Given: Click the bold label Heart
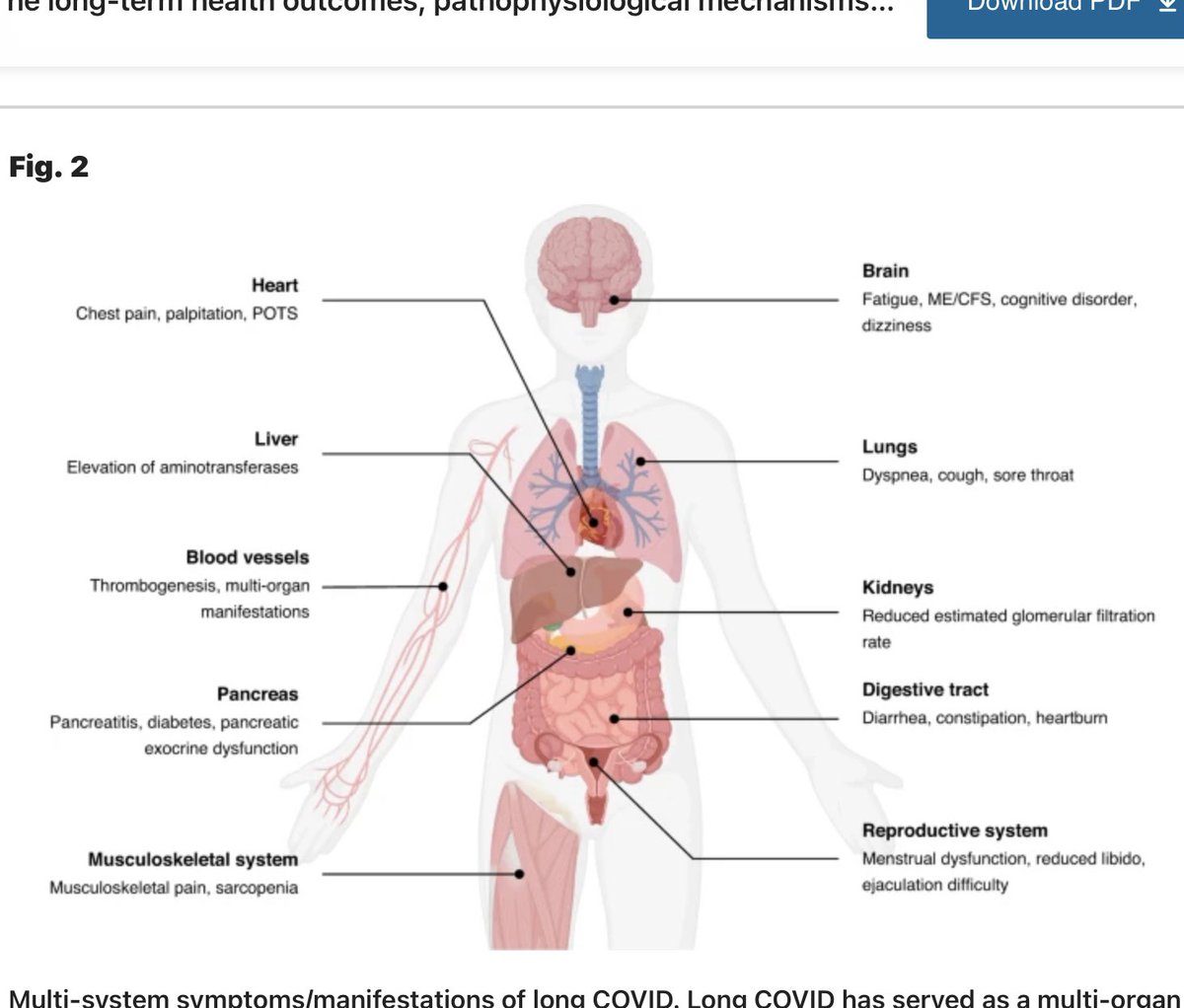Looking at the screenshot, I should click(274, 285).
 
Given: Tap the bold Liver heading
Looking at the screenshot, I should click(275, 439).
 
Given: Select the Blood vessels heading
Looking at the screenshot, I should click(248, 557).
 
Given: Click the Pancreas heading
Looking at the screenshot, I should click(258, 694).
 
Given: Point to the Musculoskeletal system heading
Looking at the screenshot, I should click(192, 859).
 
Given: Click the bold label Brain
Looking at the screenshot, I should click(885, 270).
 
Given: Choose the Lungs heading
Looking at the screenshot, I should click(889, 447).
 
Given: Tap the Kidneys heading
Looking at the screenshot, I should click(897, 587).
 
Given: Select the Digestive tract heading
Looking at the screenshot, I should click(925, 689).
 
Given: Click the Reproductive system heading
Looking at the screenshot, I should click(954, 830).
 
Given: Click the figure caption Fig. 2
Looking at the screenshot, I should click(48, 167).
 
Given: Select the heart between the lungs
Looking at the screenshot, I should click(594, 517).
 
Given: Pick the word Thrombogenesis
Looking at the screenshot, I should click(153, 586).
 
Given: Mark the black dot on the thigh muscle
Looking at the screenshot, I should click(520, 873).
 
